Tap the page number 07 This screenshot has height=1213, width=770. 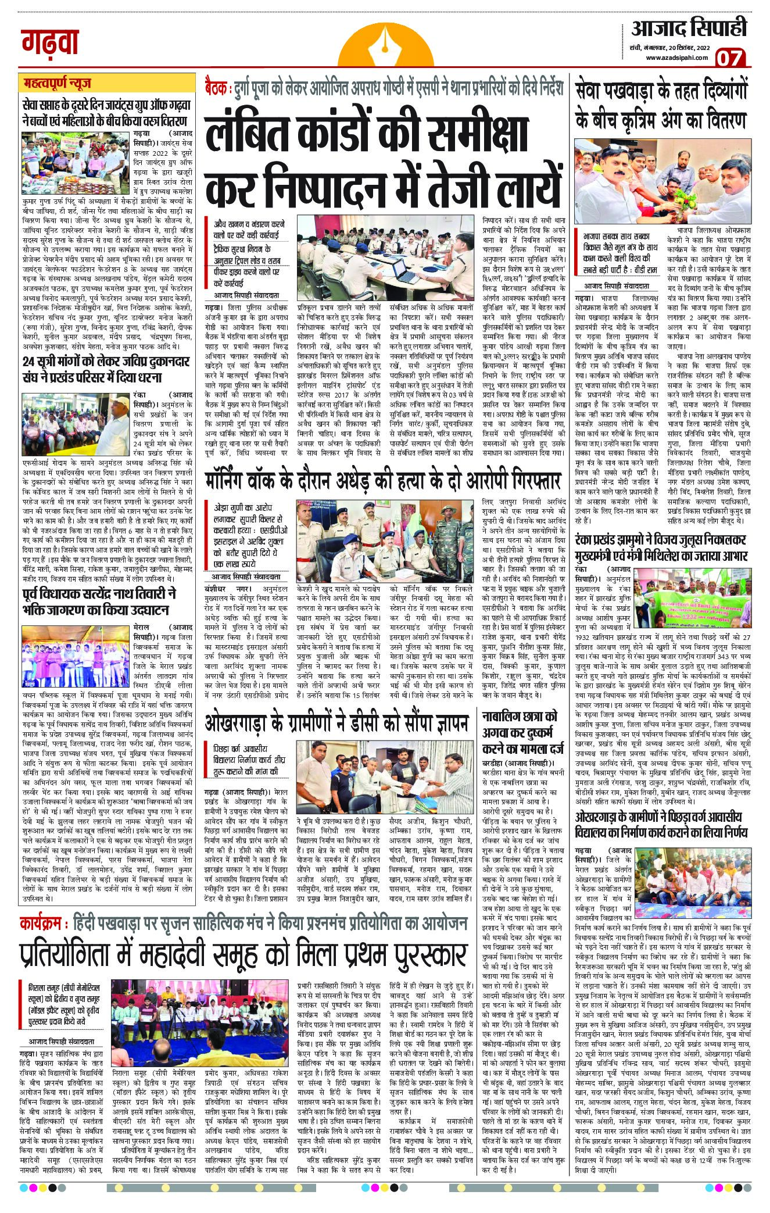(732, 59)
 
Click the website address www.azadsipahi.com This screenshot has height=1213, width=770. (675, 57)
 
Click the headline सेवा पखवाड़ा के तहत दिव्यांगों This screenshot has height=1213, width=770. (662, 103)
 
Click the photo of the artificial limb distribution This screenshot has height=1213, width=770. (662, 182)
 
